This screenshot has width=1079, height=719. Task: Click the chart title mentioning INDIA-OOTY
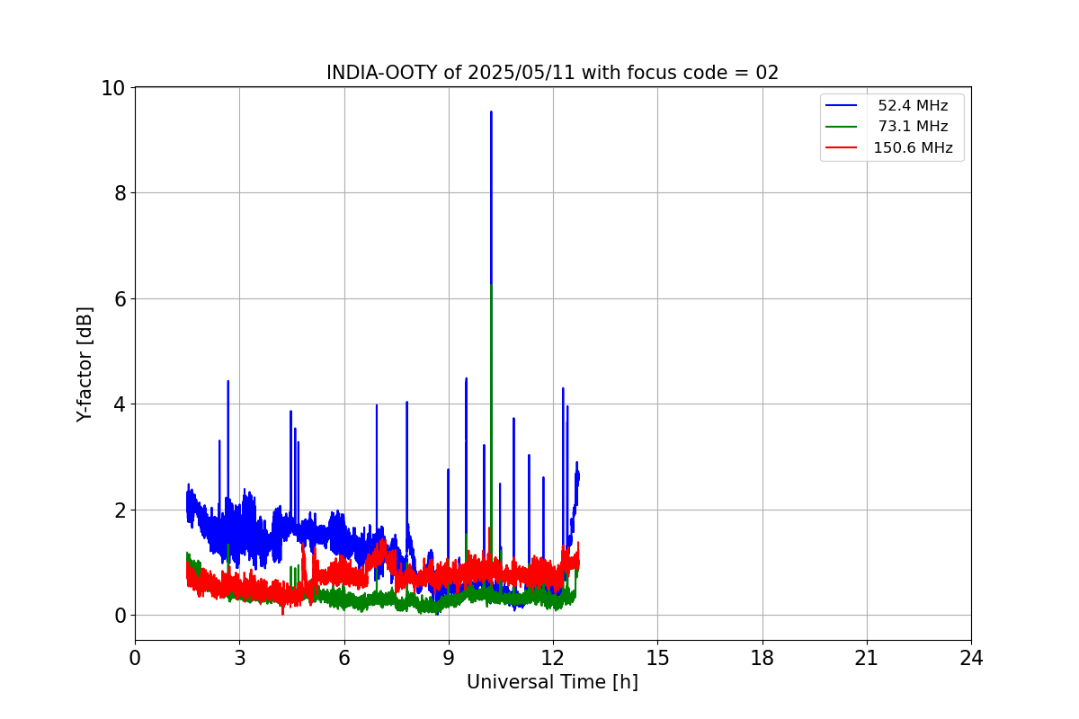tap(552, 73)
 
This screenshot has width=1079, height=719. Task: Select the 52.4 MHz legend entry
tap(913, 106)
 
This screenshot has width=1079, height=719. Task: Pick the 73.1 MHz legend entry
tap(913, 127)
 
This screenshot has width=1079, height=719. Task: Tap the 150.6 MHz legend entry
tap(913, 147)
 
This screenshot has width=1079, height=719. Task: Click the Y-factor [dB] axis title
tap(85, 364)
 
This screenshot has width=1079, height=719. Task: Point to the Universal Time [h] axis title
tap(552, 682)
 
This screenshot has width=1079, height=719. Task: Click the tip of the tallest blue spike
tap(491, 111)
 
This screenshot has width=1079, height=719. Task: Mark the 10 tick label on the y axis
tap(113, 88)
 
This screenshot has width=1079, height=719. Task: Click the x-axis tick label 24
tap(971, 658)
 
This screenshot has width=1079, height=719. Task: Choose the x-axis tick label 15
tap(657, 658)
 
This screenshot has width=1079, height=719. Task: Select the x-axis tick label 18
tap(762, 658)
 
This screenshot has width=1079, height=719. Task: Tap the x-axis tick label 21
tap(867, 658)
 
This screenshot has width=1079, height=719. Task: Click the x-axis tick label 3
tap(239, 658)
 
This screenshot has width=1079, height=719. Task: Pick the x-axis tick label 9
tap(449, 658)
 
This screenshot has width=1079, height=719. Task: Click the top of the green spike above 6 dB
tap(491, 285)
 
